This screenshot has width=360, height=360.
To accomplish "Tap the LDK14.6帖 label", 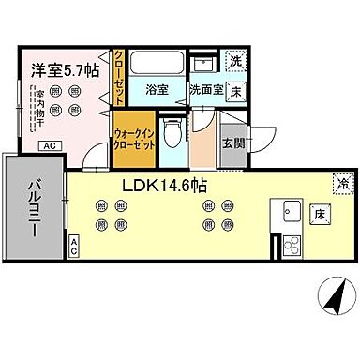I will tap(163, 185).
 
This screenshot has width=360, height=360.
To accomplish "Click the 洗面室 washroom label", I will tap(205, 91).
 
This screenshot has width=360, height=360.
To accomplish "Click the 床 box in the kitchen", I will tap(320, 213).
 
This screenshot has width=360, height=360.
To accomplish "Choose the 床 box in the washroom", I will tap(237, 91).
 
